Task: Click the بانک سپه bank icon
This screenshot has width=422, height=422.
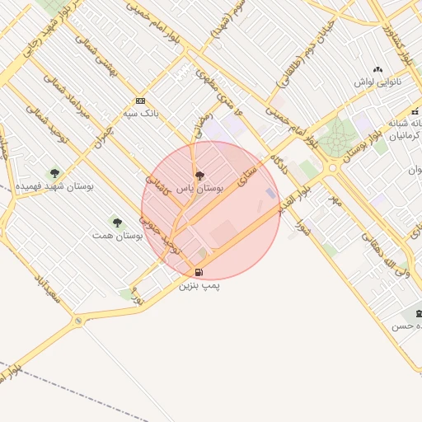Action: [139, 101]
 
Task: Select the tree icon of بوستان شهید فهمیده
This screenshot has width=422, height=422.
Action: [54, 174]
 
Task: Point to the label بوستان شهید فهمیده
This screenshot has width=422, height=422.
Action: [54, 186]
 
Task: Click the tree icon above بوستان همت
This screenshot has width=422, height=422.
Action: [116, 222]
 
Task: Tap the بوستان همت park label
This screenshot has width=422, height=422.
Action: [117, 235]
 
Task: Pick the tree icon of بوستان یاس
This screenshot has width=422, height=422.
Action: [199, 176]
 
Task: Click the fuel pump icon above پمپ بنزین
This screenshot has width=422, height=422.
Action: [198, 273]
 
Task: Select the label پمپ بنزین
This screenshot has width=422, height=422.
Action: [199, 285]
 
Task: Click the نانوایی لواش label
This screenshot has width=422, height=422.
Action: [377, 82]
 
